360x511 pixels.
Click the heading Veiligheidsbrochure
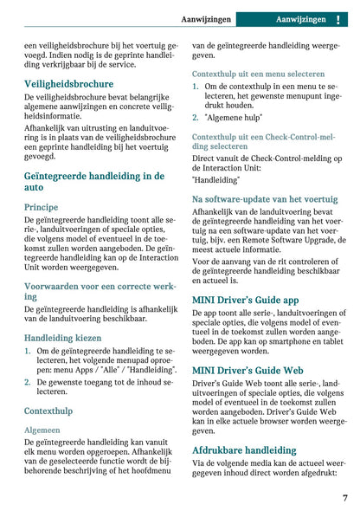(x=68, y=84)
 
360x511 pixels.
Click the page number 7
(x=344, y=498)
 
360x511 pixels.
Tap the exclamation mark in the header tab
(x=337, y=19)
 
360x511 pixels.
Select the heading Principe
(x=42, y=207)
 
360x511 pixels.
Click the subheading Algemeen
(x=42, y=429)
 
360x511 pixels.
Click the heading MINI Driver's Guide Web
(x=247, y=371)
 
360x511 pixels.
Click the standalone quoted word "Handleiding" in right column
(x=215, y=179)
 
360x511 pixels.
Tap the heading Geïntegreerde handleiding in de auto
(x=93, y=181)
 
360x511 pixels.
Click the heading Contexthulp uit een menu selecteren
(x=259, y=74)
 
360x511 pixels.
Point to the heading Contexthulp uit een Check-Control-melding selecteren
(x=263, y=141)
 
